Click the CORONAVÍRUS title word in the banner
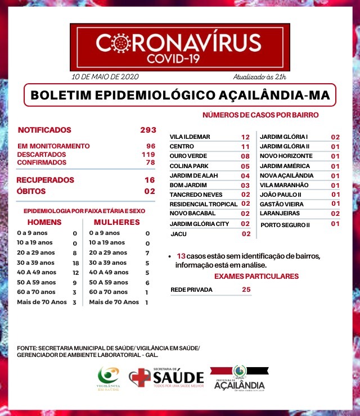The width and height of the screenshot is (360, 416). pyautogui.click(x=178, y=42)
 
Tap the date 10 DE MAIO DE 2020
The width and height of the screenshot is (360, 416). pyautogui.click(x=105, y=76)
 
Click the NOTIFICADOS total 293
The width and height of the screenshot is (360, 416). pyautogui.click(x=148, y=130)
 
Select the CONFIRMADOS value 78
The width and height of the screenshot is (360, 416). pyautogui.click(x=149, y=162)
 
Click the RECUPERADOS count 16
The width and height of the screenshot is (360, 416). pyautogui.click(x=149, y=180)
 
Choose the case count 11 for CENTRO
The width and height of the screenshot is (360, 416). pyautogui.click(x=245, y=147)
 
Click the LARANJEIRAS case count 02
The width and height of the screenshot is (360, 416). pyautogui.click(x=335, y=214)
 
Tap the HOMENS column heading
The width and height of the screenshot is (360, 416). pyautogui.click(x=44, y=222)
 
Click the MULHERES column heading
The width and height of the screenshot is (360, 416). pyautogui.click(x=116, y=222)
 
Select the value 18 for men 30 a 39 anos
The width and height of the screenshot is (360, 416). pyautogui.click(x=74, y=263)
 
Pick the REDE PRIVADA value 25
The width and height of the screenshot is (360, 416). pyautogui.click(x=245, y=290)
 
